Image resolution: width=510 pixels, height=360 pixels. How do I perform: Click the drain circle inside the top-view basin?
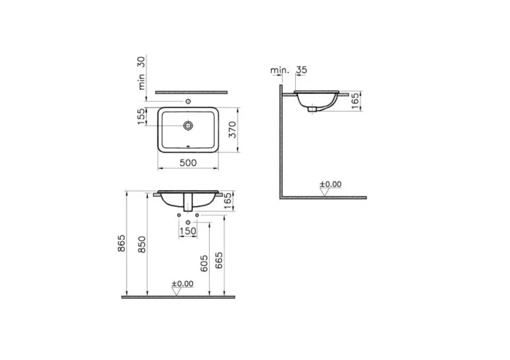pos(189,126)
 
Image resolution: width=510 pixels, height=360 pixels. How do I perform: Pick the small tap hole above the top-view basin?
pos(189,101)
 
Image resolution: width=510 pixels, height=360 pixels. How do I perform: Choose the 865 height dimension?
pos(122,244)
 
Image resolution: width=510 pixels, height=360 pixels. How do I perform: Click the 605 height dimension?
pos(205,262)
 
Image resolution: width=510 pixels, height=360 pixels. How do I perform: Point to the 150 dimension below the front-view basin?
pos(188,232)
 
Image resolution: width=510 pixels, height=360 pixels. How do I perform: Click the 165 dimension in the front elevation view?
pos(227,200)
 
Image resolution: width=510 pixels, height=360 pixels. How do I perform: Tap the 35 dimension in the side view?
pos(302,71)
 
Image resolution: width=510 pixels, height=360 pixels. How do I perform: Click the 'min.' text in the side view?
pos(279,71)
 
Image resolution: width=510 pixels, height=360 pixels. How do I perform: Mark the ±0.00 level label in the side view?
pos(331,184)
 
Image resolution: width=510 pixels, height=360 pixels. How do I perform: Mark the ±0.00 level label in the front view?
pos(182,283)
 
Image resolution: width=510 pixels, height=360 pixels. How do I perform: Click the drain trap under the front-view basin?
pos(189,204)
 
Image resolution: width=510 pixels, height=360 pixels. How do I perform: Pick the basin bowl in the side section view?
pos(316,100)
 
